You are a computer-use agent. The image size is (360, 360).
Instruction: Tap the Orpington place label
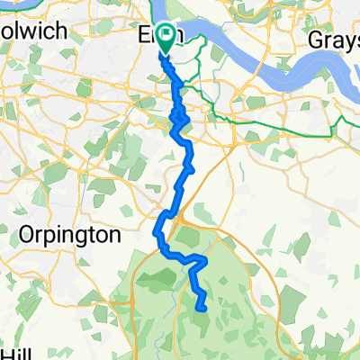pos(68,237)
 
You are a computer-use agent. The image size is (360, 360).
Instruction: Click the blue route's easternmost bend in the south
pos(207,261)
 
